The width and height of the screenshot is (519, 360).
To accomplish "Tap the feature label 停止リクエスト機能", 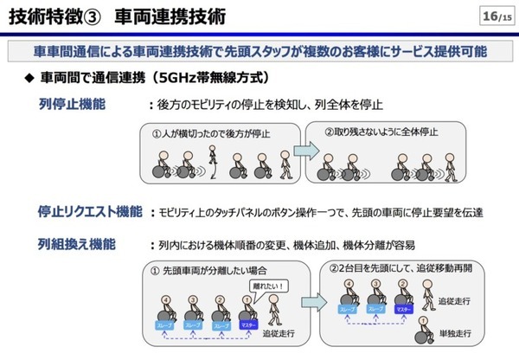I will click(90, 211).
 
